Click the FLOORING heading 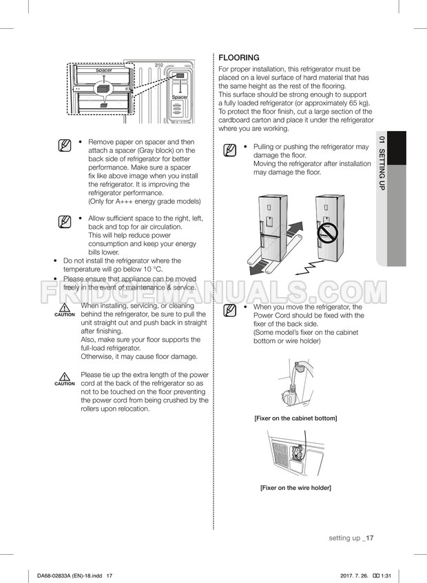239,58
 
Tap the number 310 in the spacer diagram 159,65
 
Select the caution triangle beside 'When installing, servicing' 65,307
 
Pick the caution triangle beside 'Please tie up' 65,377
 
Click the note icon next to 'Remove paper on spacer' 65,145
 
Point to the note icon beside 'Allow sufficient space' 65,221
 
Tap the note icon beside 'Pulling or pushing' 231,150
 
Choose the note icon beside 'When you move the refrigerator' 231,309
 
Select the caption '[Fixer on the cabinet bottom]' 295,418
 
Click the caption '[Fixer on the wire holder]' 295,488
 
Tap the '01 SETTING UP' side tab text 381,163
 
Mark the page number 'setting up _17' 351,538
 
